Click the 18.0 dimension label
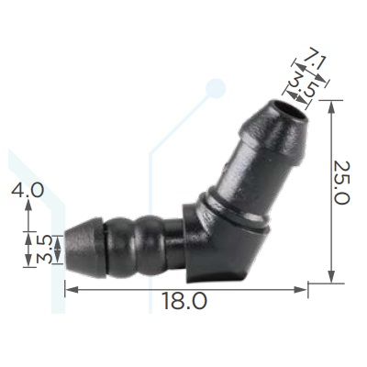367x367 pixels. point(184,300)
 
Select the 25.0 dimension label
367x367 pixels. point(341,183)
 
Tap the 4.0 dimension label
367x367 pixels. point(28,190)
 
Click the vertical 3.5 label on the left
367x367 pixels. point(44,250)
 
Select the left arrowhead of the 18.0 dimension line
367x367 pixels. point(72,289)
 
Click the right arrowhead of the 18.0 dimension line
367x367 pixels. point(300,289)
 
